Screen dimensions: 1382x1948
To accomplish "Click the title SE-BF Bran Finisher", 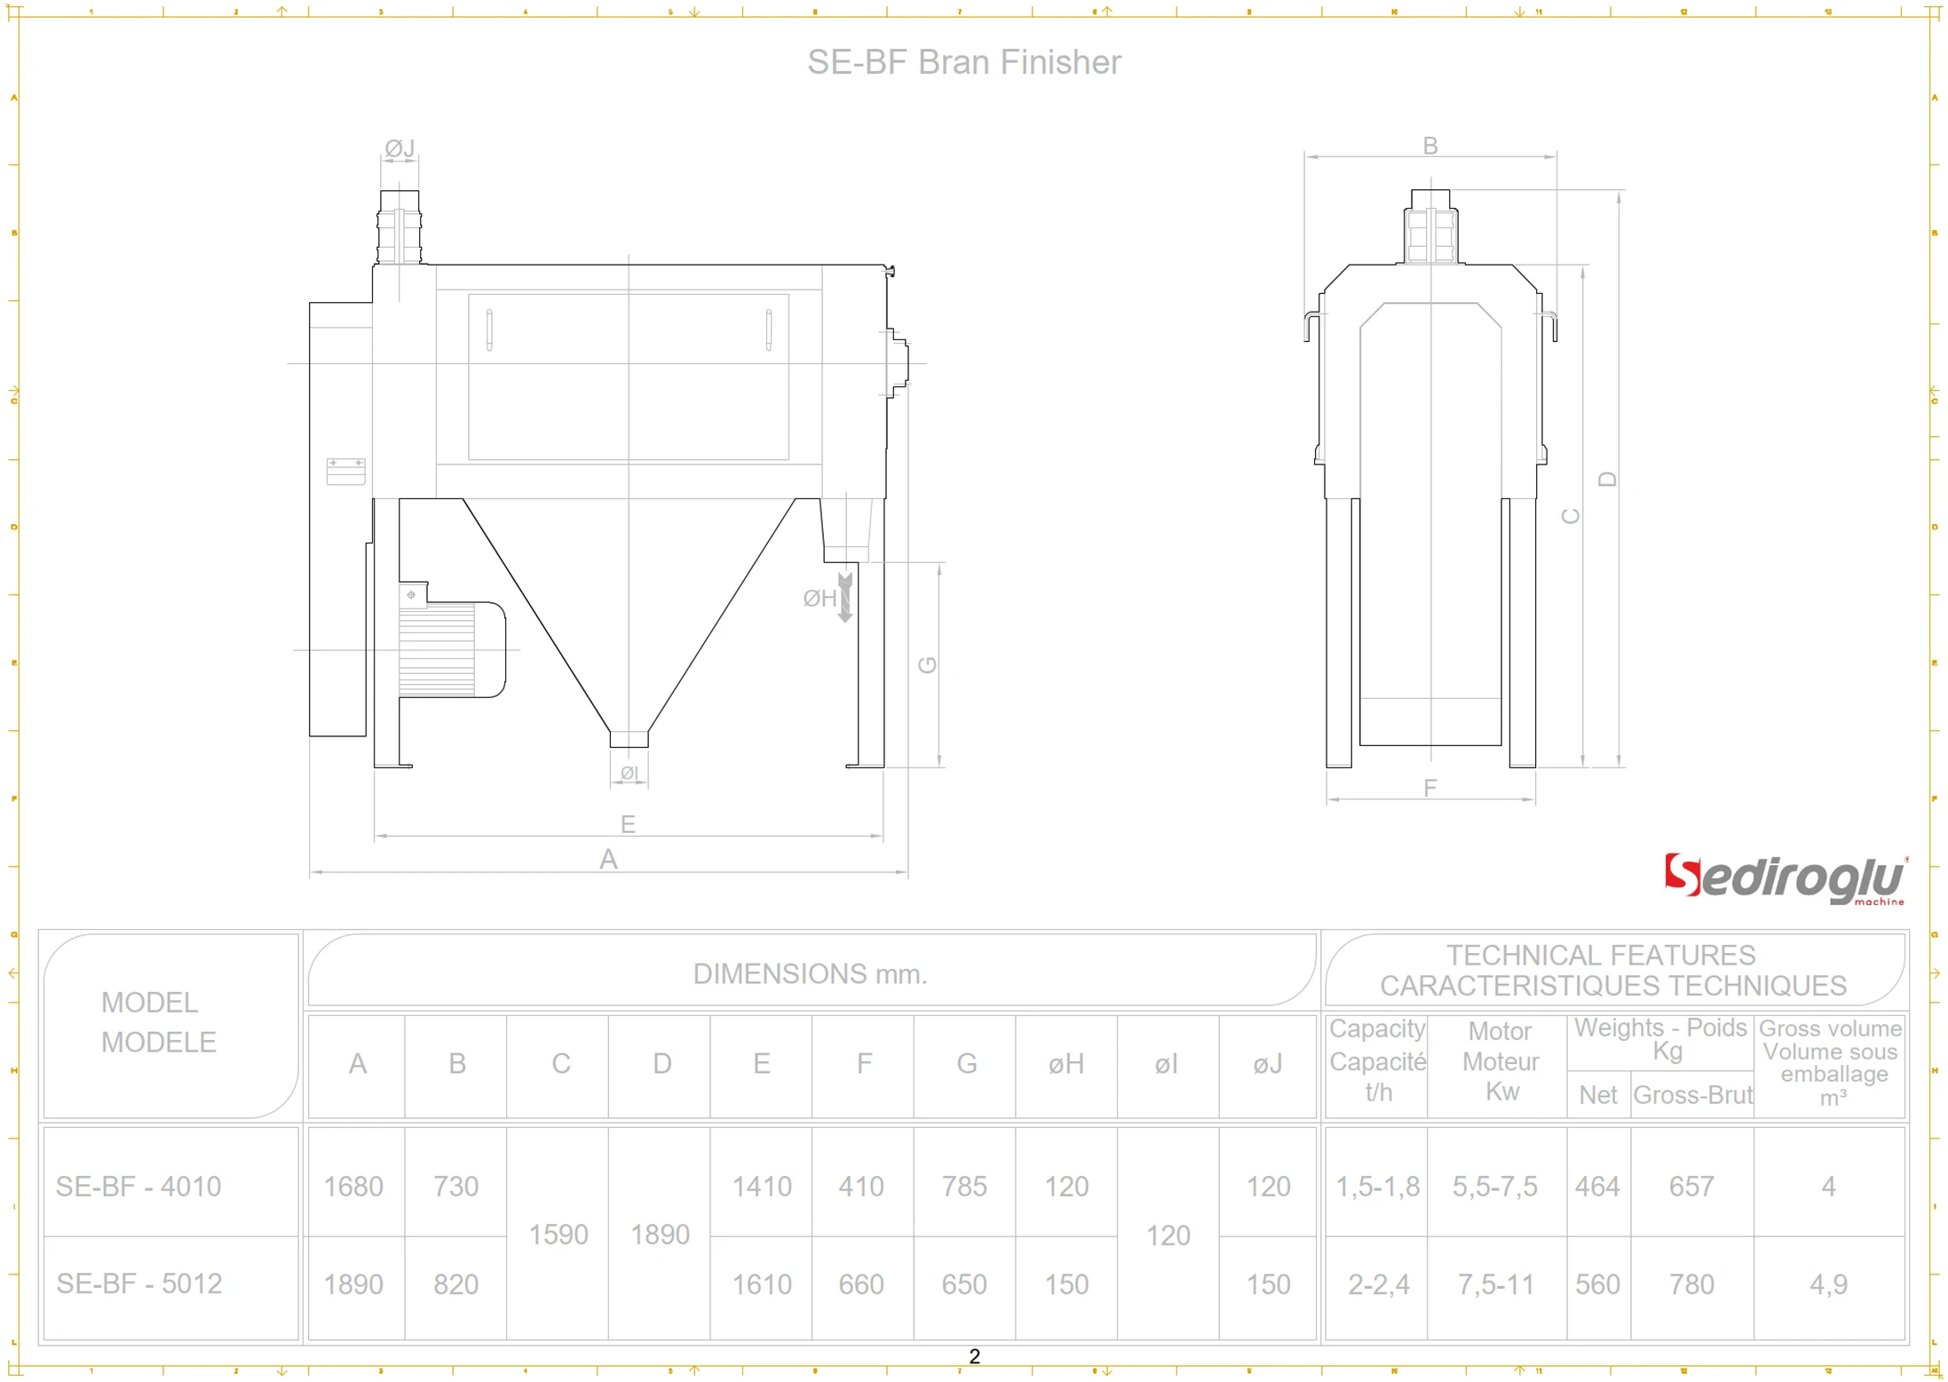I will (964, 62).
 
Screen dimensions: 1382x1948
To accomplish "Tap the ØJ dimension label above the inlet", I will (400, 147).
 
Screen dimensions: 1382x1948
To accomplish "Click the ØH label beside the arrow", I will (820, 599).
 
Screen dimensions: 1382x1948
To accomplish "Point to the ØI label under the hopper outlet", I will (629, 773).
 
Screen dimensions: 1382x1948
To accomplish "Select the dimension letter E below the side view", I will (628, 824).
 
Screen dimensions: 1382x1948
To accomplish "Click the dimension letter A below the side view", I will (608, 859).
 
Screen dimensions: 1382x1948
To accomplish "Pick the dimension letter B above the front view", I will (1430, 146).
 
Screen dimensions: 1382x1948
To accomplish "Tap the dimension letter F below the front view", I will (1430, 788).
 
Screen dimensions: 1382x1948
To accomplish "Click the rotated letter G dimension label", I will (927, 664).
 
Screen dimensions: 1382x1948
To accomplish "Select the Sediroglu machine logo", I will (1785, 879).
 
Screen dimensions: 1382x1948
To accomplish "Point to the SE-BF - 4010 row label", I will (139, 1186).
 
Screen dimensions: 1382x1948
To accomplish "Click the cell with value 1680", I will (353, 1186).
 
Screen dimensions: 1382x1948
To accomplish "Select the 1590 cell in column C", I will (558, 1234).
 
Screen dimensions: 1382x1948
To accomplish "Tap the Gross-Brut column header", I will (1692, 1094).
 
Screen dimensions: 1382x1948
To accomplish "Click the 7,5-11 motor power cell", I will (1495, 1283).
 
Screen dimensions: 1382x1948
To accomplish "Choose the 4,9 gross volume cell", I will (1828, 1283).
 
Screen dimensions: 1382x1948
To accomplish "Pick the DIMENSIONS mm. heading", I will (810, 973).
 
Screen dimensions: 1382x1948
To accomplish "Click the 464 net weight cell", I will (1597, 1186).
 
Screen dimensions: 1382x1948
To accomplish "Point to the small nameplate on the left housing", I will (345, 471).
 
